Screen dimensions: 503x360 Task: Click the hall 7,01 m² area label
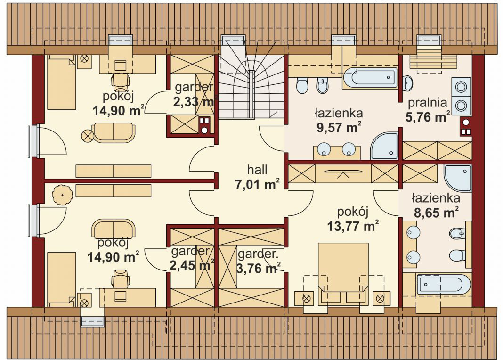click(257, 178)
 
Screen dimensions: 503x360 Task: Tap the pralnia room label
click(427, 103)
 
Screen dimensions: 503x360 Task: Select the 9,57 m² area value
click(339, 127)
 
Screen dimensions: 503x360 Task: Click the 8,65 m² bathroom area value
click(436, 213)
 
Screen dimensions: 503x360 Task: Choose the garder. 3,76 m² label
click(258, 261)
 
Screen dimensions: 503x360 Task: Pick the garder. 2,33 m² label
click(194, 95)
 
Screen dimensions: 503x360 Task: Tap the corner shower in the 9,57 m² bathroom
click(384, 146)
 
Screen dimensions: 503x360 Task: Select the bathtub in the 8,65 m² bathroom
click(443, 285)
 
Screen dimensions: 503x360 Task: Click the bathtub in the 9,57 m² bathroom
click(370, 77)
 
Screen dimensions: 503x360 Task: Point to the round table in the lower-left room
click(62, 195)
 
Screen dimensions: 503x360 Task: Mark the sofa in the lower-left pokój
click(113, 229)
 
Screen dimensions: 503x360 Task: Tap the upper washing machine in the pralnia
click(461, 87)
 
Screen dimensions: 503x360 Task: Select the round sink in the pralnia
click(408, 83)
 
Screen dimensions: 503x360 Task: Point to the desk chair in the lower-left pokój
click(120, 279)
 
